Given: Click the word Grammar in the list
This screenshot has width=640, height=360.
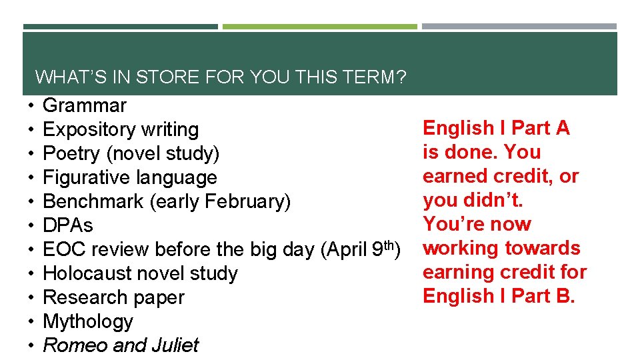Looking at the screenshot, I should [x=85, y=105].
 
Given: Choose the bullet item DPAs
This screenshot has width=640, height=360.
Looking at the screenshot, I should [x=68, y=225].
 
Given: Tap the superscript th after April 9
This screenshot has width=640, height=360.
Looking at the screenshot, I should [x=391, y=244].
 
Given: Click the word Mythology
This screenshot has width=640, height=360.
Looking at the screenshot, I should [x=88, y=321].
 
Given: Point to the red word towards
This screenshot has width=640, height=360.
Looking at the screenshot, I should [x=540, y=248].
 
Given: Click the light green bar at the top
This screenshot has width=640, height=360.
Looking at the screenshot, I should [x=319, y=27].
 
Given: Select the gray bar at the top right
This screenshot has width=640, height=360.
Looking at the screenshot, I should [x=519, y=27].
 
